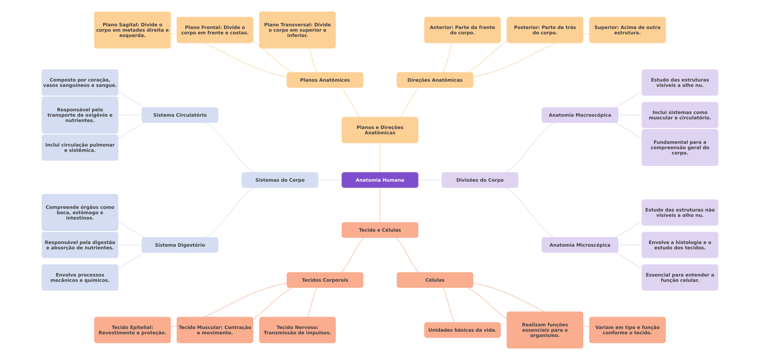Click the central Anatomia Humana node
point(380,180)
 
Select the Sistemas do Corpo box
point(280,180)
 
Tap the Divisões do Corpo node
point(480,180)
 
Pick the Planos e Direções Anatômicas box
point(380,130)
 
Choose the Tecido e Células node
point(380,230)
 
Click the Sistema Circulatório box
point(180,115)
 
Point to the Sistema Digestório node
point(180,245)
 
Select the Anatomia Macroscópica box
point(580,115)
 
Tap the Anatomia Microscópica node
point(580,245)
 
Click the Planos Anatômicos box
point(325,80)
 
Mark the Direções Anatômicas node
point(435,80)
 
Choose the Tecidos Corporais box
point(325,280)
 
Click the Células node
point(435,280)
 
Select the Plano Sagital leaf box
point(132,30)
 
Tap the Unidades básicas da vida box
point(462,330)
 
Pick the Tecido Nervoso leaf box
point(297,330)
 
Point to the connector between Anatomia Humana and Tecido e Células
point(380,205)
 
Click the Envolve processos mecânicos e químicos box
point(80,277)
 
